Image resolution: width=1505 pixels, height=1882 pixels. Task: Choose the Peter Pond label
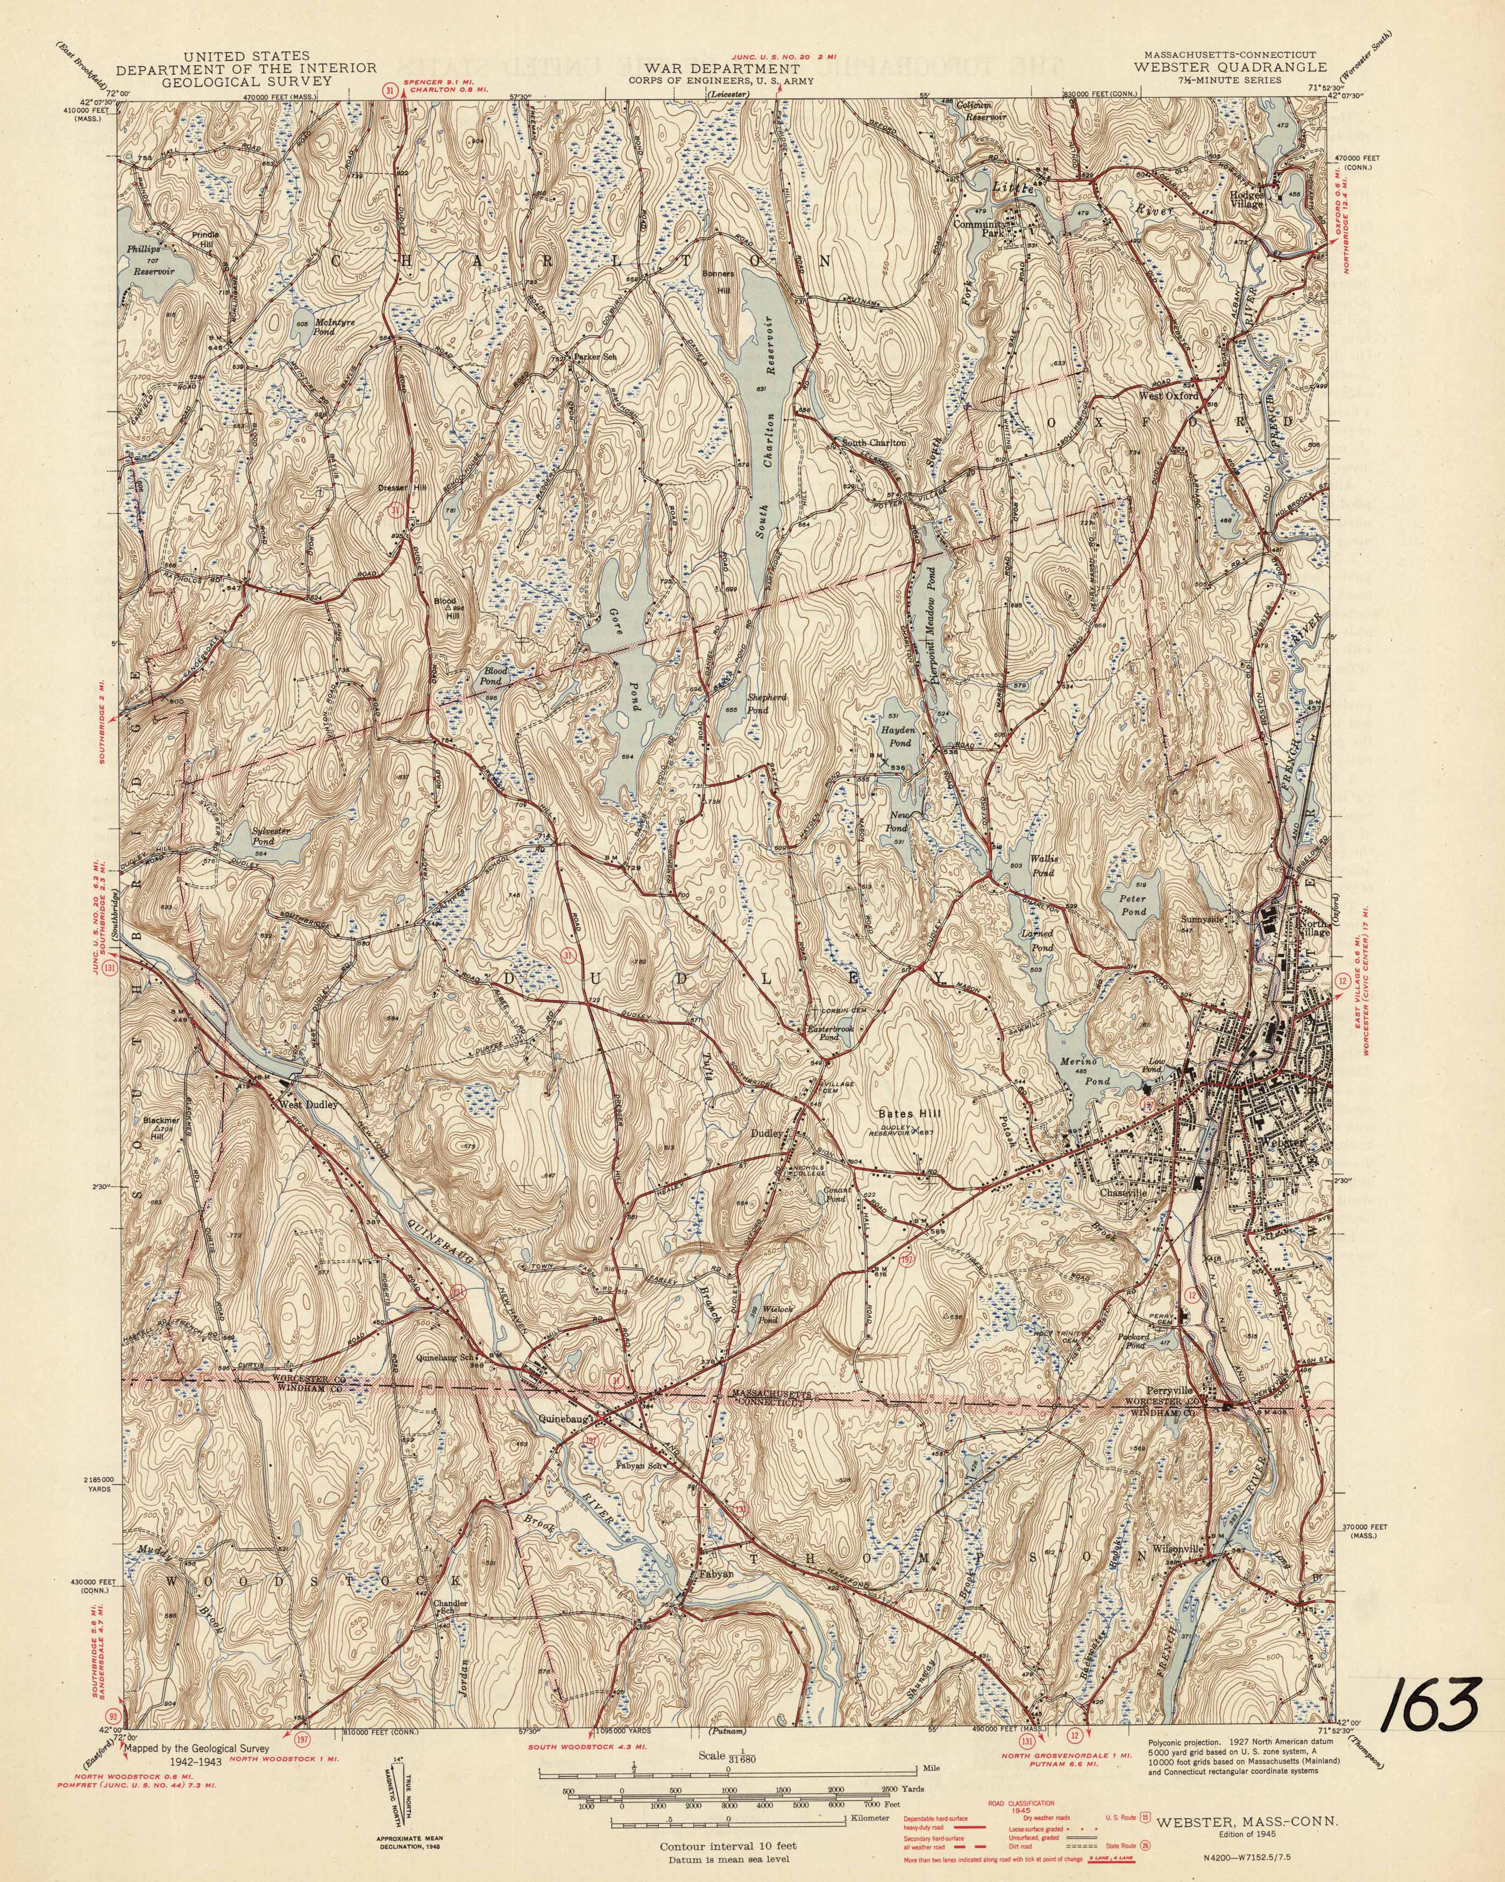coord(1133,904)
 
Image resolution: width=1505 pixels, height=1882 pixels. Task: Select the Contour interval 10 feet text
coord(728,1840)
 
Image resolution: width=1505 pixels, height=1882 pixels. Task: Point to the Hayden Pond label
coord(900,737)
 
